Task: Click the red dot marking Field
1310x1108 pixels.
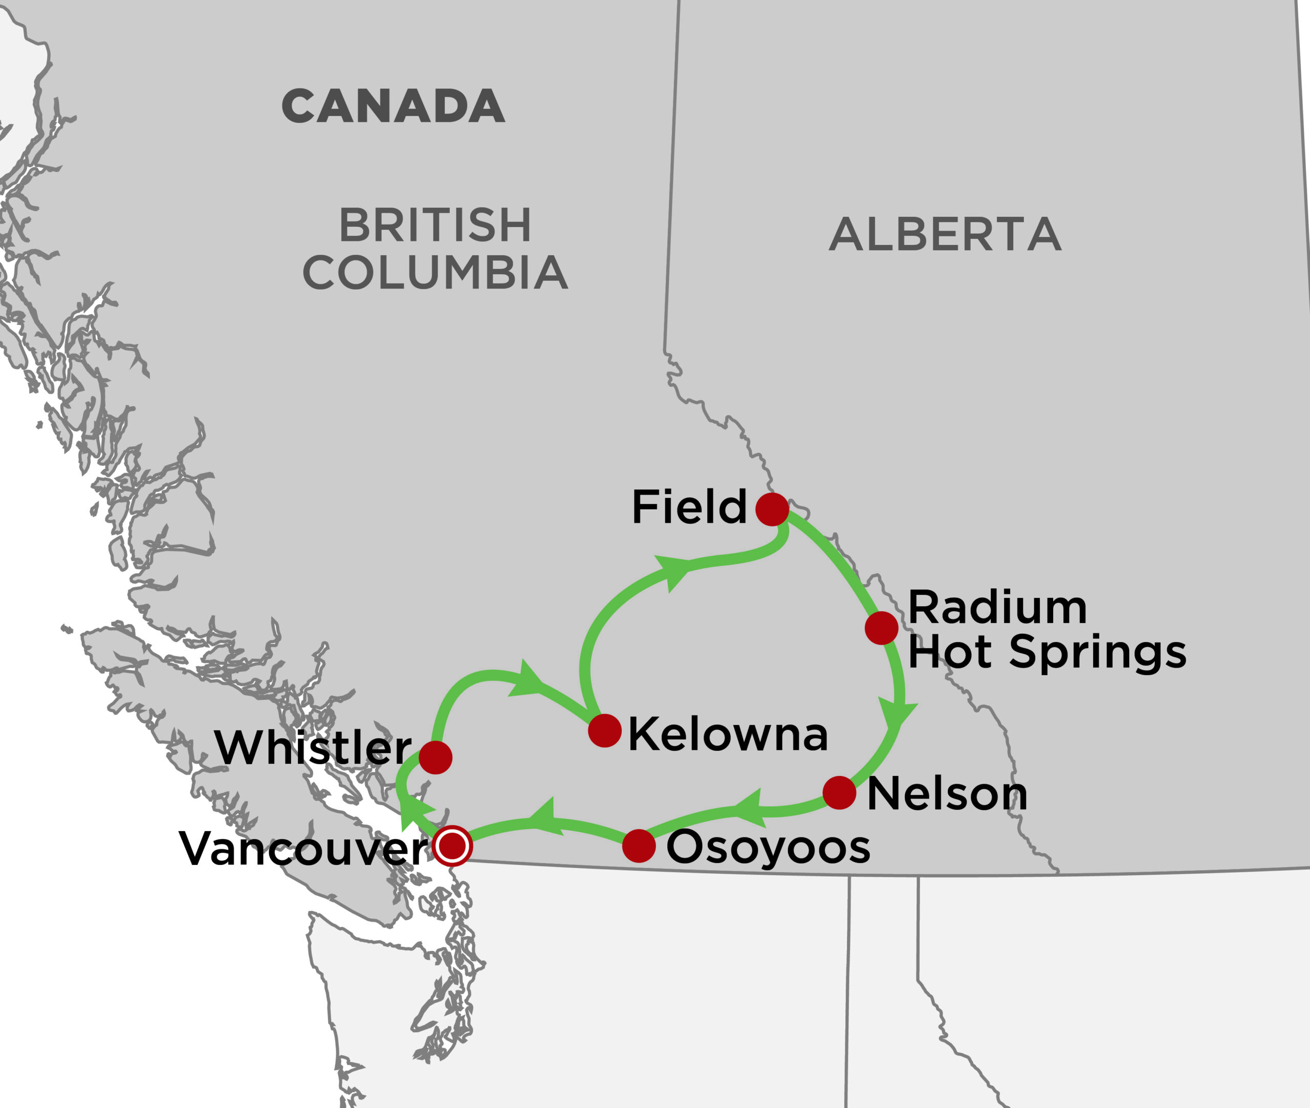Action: pyautogui.click(x=772, y=509)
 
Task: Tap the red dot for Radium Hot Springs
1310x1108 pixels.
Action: pyautogui.click(x=882, y=628)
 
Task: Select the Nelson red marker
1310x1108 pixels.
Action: pyautogui.click(x=839, y=793)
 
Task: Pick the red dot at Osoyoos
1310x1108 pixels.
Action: pyautogui.click(x=639, y=846)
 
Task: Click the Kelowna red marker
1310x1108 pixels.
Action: pyautogui.click(x=605, y=730)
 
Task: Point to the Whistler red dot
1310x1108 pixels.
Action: pyautogui.click(x=435, y=758)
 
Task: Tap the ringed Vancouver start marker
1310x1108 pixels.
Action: pyautogui.click(x=452, y=846)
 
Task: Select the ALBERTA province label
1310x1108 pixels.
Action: pyautogui.click(x=945, y=234)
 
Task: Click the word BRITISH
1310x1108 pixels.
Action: pyautogui.click(x=435, y=225)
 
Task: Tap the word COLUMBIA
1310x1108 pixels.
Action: pyautogui.click(x=435, y=273)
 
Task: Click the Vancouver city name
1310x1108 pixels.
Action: pyautogui.click(x=303, y=849)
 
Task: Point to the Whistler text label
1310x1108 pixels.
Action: pyautogui.click(x=312, y=747)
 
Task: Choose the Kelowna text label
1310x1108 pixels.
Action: pyautogui.click(x=728, y=734)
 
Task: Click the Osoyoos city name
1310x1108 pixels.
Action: pyautogui.click(x=768, y=847)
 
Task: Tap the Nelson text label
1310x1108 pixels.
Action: pyautogui.click(x=947, y=794)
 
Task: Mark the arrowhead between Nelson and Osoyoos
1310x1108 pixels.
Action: pyautogui.click(x=750, y=808)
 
